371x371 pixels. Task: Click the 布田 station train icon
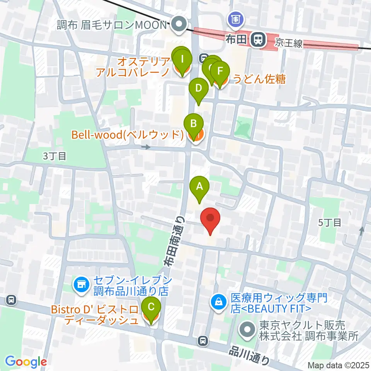pos(257,39)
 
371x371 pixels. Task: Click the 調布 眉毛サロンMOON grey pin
pos(179,26)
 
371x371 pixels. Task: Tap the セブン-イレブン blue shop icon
pos(81,285)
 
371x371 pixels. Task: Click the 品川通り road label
pos(249,354)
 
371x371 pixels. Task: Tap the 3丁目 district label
pos(54,156)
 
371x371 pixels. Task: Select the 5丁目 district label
pos(329,222)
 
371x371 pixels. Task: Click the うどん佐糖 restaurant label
pos(259,79)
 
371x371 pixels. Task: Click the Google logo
pos(26,361)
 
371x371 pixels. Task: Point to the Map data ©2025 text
pos(338,365)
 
